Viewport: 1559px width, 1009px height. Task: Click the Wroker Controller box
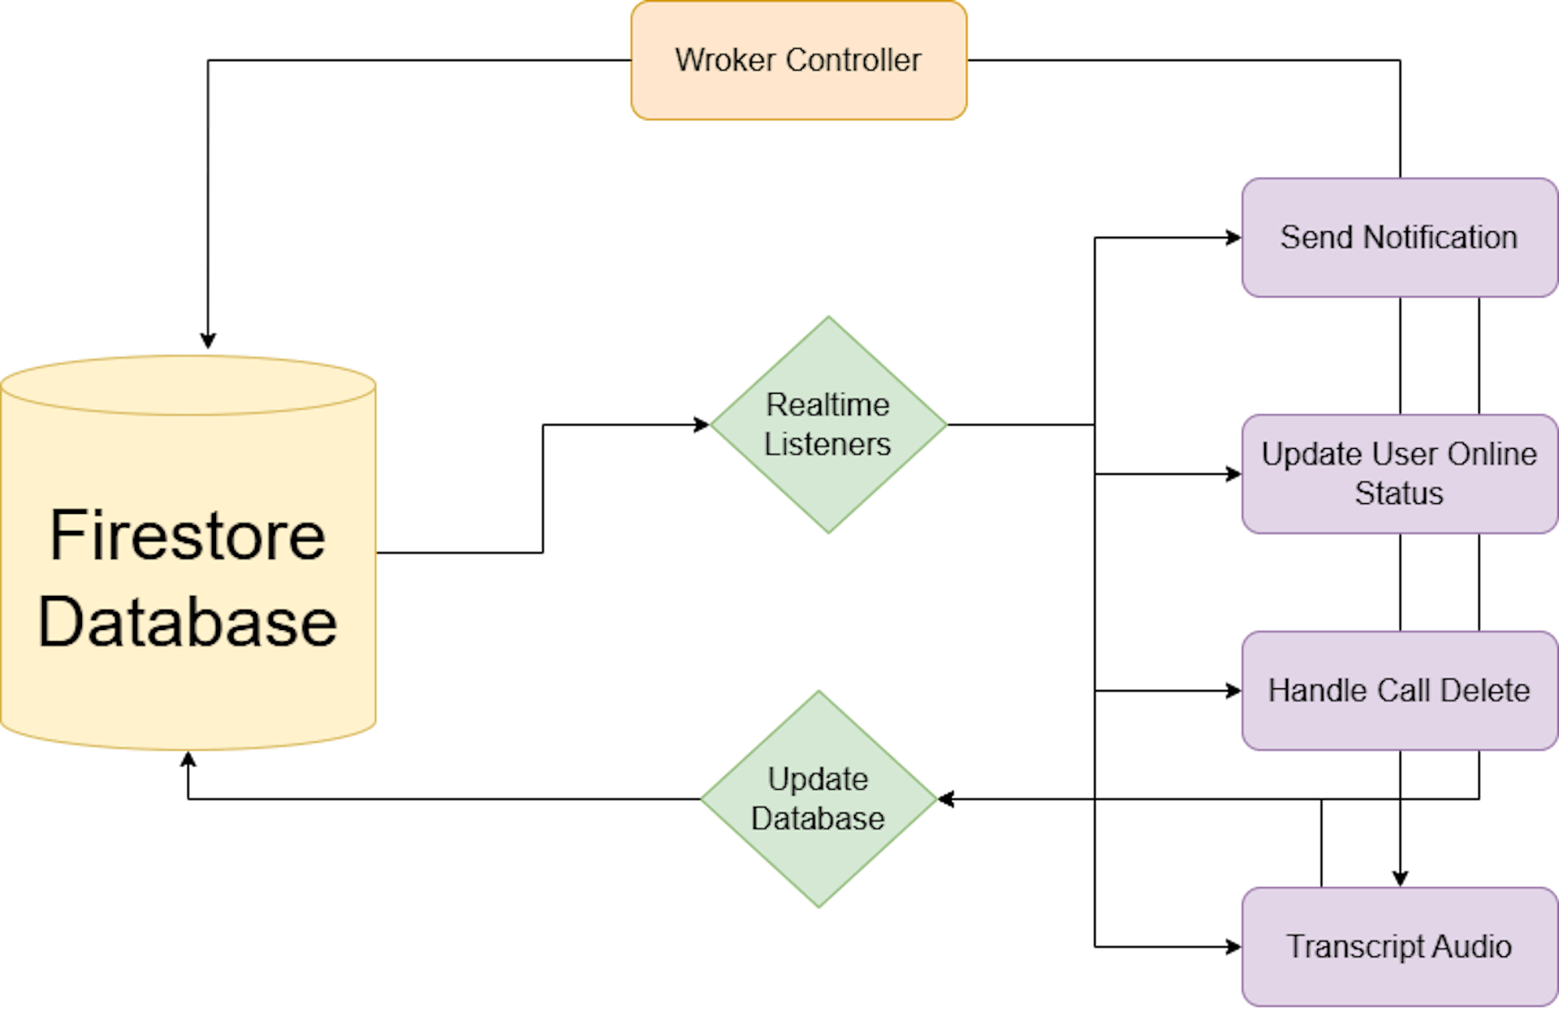click(799, 60)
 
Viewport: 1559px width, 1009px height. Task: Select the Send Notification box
click(1399, 238)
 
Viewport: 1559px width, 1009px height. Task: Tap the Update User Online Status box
click(1399, 474)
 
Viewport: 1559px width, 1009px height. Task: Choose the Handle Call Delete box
click(1399, 691)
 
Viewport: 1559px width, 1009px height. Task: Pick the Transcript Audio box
click(1399, 946)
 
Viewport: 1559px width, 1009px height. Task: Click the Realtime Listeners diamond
click(828, 425)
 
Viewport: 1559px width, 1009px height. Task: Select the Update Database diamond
click(818, 799)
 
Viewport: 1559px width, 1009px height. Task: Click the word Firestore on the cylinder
click(188, 536)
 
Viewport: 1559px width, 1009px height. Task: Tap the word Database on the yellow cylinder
click(188, 622)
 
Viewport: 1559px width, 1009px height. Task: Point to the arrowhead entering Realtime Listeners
click(702, 425)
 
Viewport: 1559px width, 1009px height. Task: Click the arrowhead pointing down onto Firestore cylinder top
click(208, 341)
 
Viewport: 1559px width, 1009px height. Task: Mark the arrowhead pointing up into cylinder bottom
click(188, 761)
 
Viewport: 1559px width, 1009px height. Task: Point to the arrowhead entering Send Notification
click(1233, 238)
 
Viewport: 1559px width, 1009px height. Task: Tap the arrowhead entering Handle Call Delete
click(1233, 691)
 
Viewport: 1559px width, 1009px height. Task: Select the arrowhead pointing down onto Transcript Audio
click(1400, 877)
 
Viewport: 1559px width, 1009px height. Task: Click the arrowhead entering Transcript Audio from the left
click(1233, 946)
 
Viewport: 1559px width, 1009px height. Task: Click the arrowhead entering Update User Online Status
click(1233, 474)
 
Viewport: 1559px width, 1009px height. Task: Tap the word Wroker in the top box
click(726, 60)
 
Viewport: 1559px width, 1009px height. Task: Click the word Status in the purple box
click(1399, 494)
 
